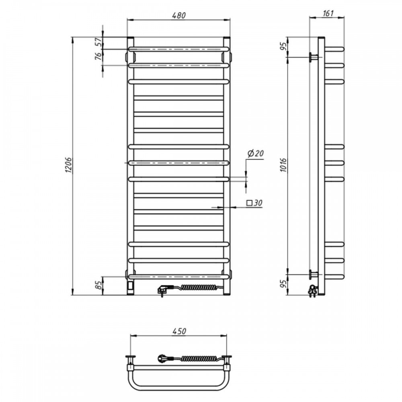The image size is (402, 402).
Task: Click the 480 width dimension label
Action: (x=179, y=15)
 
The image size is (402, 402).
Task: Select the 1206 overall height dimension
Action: (x=69, y=165)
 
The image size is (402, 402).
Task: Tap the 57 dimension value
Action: (x=98, y=41)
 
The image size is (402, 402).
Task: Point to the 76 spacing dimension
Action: (x=98, y=56)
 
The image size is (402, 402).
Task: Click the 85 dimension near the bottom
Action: (x=98, y=285)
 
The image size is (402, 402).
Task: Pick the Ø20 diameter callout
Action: (x=256, y=153)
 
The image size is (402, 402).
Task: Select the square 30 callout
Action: (x=254, y=203)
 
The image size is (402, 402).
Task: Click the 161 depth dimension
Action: (x=328, y=13)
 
